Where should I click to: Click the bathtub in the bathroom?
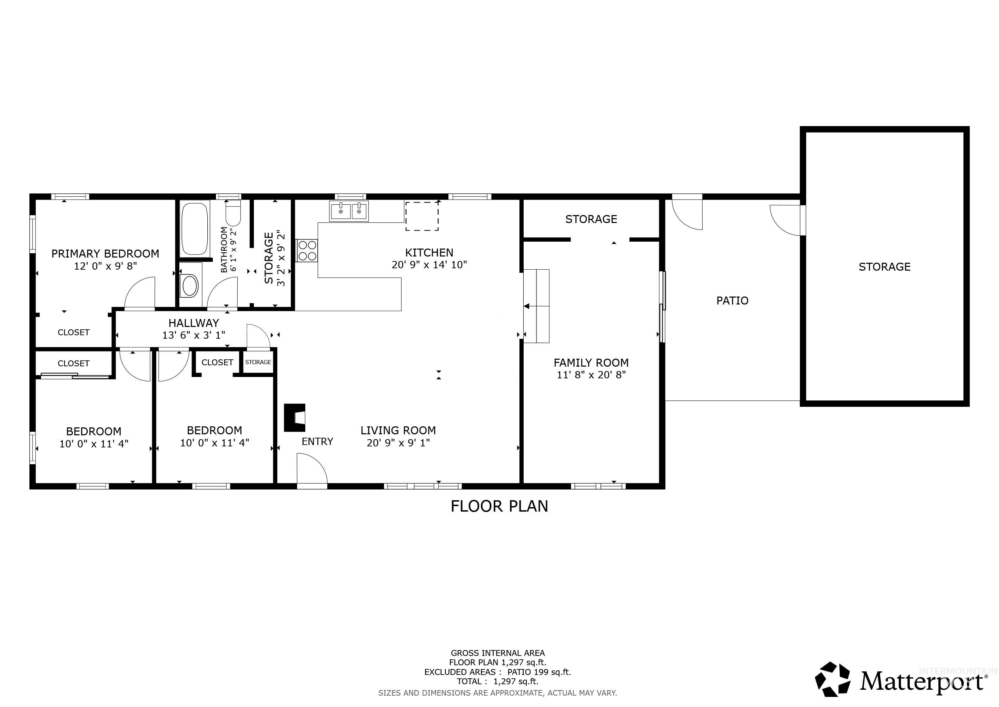pos(195,229)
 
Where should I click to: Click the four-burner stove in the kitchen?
pos(307,250)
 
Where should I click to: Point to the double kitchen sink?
pos(348,211)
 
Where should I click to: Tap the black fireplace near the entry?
pos(295,417)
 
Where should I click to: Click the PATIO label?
pos(732,301)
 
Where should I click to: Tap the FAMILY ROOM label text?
pos(591,362)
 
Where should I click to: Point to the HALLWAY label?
pos(194,323)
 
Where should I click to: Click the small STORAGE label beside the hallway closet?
pos(258,362)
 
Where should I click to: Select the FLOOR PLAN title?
pos(499,506)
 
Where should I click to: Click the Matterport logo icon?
pos(833,679)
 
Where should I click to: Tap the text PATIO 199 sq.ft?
pos(539,672)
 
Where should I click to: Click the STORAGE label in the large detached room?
pos(884,267)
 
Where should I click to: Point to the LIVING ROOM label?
pos(398,430)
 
